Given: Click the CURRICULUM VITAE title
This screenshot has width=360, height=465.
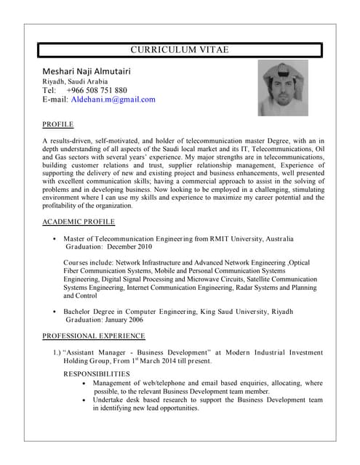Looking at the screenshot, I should tap(179, 49).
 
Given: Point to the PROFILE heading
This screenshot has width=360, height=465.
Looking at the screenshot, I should tap(58, 124).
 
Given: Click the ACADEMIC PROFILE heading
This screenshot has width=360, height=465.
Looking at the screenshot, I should tap(78, 222).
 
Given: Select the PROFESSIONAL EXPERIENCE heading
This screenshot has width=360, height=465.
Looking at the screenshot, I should tap(93, 336).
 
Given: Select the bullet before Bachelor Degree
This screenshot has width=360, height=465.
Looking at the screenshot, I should tap(55, 311).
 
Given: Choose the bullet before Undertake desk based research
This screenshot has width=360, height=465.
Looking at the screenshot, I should tap(86, 400).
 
